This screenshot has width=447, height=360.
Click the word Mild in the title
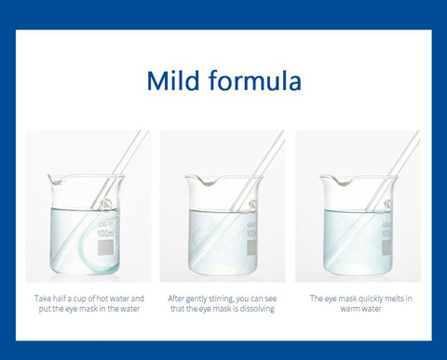tap(173, 80)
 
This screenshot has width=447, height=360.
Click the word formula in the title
tap(255, 80)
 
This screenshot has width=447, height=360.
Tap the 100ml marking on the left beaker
tap(106, 233)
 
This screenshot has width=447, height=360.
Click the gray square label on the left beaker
tap(105, 247)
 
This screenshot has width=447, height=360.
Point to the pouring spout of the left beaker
tap(54, 180)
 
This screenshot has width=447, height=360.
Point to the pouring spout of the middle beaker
tap(208, 181)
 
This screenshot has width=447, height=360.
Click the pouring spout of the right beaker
tap(342, 181)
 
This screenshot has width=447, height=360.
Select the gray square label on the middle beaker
tap(251, 247)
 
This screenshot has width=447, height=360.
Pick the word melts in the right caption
tap(395, 299)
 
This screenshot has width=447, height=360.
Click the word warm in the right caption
tap(350, 309)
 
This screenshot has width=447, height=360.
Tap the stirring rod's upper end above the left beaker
tap(144, 132)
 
